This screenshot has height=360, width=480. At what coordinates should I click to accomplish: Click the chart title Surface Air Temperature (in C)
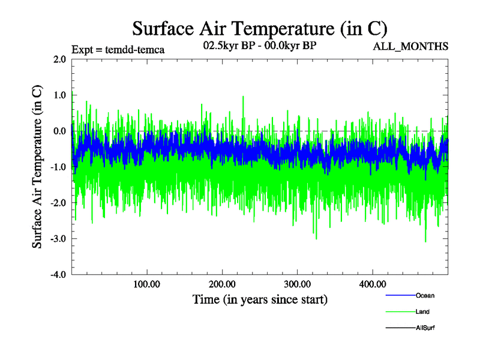click(x=259, y=28)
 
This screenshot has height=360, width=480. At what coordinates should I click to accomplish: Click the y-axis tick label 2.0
click(x=59, y=59)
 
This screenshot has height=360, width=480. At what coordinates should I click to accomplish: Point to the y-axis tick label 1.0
click(x=59, y=95)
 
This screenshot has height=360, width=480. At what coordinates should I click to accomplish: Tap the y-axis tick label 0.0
click(x=59, y=131)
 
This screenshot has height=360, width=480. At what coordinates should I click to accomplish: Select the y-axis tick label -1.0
click(x=58, y=167)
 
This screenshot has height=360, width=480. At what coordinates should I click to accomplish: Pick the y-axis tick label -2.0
click(x=58, y=203)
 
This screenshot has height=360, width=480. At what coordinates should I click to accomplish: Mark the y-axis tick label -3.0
click(x=58, y=239)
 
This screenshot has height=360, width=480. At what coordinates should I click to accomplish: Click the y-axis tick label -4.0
click(x=58, y=275)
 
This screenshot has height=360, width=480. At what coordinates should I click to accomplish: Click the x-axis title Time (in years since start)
click(x=260, y=299)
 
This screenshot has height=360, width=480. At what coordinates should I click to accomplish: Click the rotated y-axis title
click(x=37, y=167)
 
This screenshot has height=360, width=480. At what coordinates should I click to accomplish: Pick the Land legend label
click(x=422, y=311)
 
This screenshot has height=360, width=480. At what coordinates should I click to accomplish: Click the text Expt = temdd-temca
click(x=118, y=49)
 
